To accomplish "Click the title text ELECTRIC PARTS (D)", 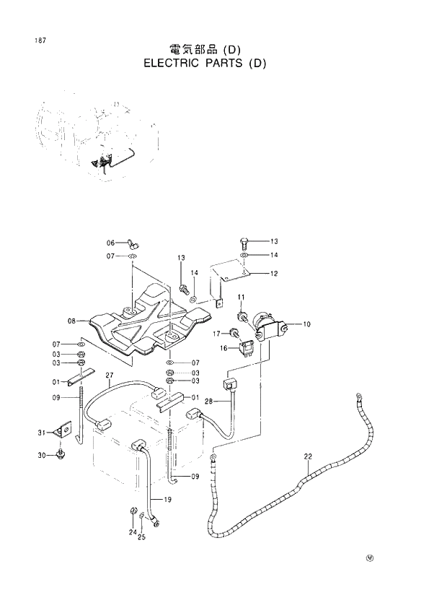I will (x=205, y=63).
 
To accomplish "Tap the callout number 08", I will (x=72, y=321).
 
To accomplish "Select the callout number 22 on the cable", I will (x=308, y=456).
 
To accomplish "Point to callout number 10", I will (x=307, y=325).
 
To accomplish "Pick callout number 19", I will (x=168, y=500).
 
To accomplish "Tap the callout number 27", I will (x=110, y=376).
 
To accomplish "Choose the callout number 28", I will (x=208, y=402).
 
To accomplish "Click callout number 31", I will (x=42, y=433).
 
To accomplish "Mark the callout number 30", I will (x=42, y=456).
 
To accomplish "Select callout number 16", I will (x=223, y=348).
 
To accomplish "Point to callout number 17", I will (x=216, y=334).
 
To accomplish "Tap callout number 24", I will (x=133, y=533).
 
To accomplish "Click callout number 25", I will (x=142, y=537).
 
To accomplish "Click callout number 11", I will (x=242, y=298).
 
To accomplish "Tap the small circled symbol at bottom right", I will (x=371, y=557).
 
